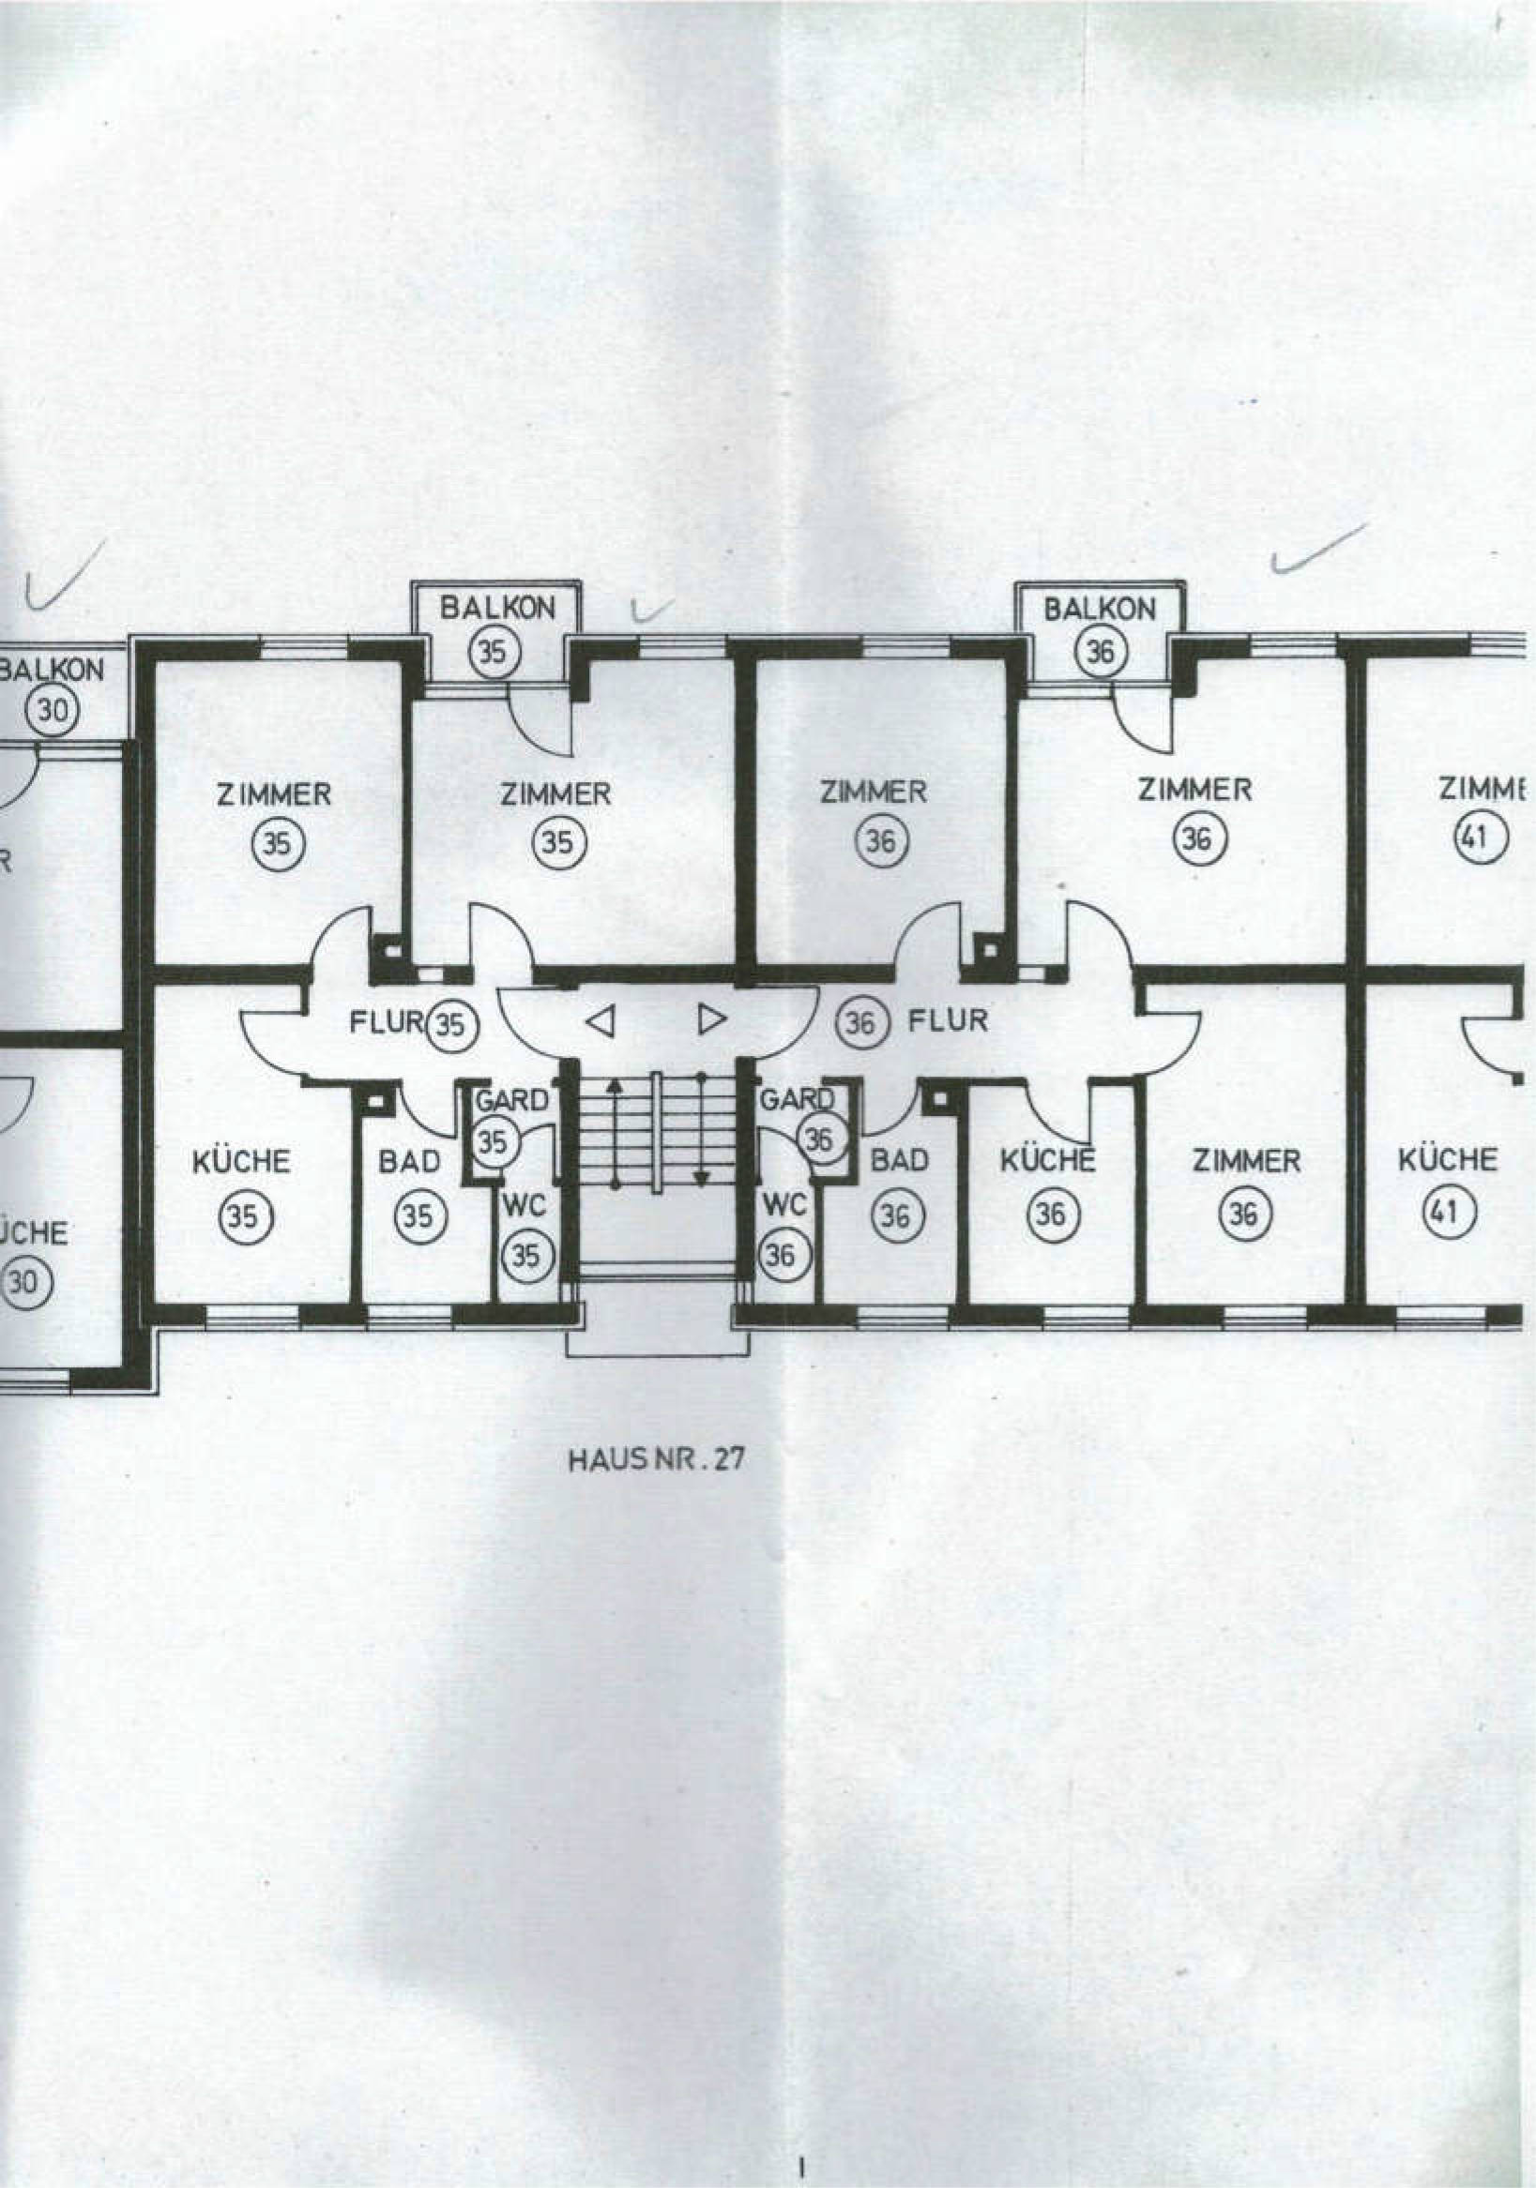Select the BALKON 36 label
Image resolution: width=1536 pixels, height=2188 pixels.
click(x=1100, y=630)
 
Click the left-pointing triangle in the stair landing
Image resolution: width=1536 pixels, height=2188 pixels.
click(x=599, y=1021)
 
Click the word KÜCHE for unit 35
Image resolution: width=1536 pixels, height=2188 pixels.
click(x=241, y=1163)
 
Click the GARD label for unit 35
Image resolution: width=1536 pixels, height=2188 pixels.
click(x=513, y=1101)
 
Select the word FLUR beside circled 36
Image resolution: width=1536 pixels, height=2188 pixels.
click(x=948, y=1021)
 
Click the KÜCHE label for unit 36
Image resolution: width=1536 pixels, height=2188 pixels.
click(x=1047, y=1161)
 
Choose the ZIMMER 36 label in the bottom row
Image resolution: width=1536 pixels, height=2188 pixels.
click(x=1246, y=1161)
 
